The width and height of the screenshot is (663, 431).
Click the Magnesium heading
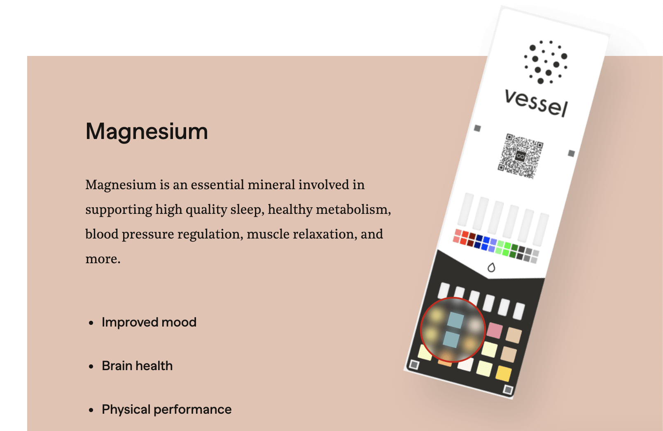pos(147,131)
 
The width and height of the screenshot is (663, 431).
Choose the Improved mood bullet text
pos(149,322)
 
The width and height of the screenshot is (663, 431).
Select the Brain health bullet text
pos(137,366)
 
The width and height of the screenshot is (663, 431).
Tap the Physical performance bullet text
pos(167,410)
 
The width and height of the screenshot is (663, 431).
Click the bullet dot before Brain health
pos(91,366)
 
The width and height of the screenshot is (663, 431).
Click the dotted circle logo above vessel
pos(546,62)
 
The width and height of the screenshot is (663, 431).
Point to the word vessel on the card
pos(536,103)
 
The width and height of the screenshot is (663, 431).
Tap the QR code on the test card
pos(521,156)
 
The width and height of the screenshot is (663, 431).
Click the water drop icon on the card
pos(491,267)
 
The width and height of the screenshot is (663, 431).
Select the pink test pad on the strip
pos(495,330)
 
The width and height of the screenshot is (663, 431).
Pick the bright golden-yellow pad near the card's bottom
pos(504,374)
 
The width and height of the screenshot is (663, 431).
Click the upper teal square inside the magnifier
pos(455,320)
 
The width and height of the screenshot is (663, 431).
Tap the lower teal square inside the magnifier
pos(451,339)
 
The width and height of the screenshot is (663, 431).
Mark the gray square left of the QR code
pos(477,128)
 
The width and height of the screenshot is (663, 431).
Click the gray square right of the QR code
pos(572,153)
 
